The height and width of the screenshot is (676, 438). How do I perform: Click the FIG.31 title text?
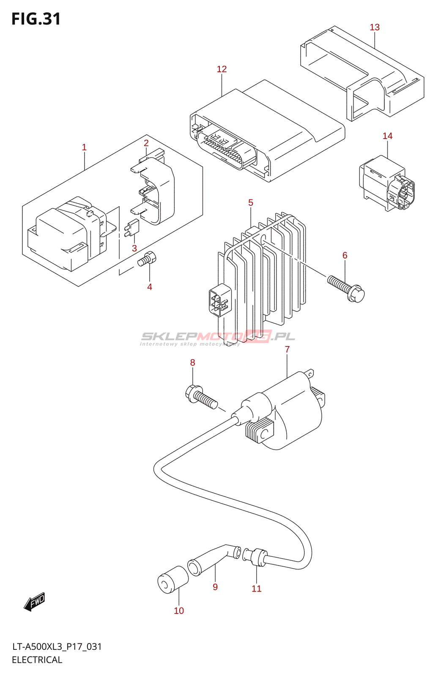click(x=36, y=19)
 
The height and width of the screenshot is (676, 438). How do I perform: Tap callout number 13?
click(x=375, y=27)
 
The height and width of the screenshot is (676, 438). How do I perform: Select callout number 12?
click(x=222, y=69)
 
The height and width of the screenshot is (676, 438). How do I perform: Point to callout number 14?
click(x=387, y=136)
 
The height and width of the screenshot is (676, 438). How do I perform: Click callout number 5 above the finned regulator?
click(x=251, y=203)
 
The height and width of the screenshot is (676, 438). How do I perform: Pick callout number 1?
click(x=84, y=147)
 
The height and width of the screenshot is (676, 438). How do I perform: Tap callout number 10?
click(x=179, y=611)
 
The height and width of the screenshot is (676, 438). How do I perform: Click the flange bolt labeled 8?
click(x=201, y=397)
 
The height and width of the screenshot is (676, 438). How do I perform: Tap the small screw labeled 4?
click(x=147, y=259)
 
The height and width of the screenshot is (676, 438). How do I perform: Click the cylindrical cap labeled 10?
click(x=172, y=580)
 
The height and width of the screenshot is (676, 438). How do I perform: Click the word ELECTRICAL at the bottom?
click(x=37, y=660)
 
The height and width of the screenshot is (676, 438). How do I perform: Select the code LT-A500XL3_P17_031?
click(x=57, y=647)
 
